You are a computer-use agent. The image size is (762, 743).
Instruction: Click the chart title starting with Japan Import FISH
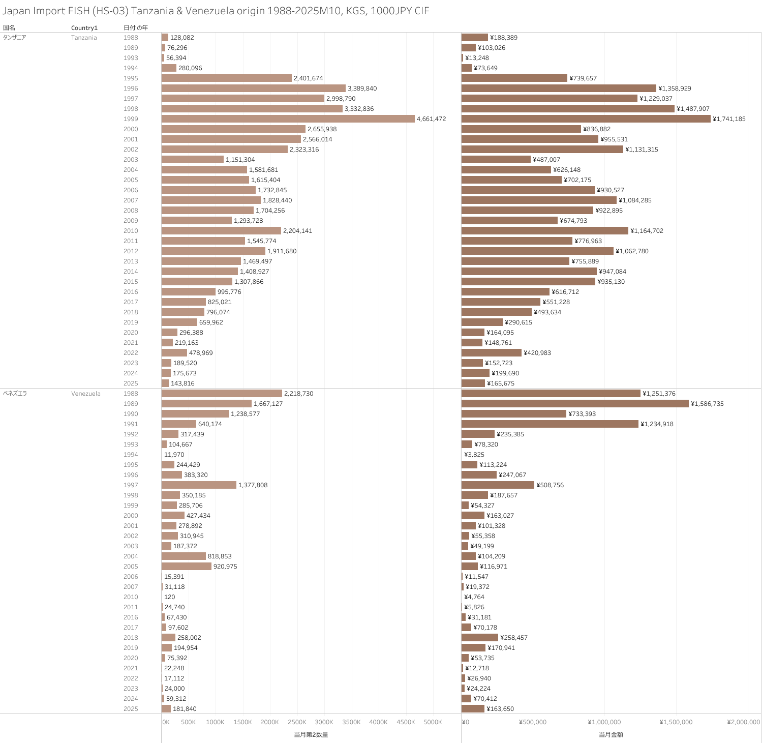coord(216,11)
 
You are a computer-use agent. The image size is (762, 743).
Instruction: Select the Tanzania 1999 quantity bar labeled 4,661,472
coord(288,118)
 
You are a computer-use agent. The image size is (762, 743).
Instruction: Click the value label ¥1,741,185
coord(729,119)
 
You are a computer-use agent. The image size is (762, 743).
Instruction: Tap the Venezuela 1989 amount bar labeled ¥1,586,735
coord(574,403)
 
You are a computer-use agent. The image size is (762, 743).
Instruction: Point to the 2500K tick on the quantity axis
coord(297,722)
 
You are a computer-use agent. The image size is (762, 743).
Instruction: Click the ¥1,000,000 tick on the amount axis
coord(604,722)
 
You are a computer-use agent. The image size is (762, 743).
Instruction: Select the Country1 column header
coord(84,28)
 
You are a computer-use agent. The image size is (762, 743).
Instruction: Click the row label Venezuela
coord(85,394)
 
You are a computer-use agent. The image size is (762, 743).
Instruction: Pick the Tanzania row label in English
coord(84,38)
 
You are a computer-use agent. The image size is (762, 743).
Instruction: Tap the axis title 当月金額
coord(611,734)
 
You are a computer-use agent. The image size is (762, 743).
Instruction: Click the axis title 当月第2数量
coord(311,734)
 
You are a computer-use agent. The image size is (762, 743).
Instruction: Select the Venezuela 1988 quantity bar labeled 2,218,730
coord(222,393)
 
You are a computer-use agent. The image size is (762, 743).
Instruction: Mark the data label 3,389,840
coord(362,88)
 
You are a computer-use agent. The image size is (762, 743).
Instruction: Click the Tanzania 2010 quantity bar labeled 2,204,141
coord(221,230)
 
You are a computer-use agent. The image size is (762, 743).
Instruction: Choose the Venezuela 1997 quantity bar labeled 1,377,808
coord(199,485)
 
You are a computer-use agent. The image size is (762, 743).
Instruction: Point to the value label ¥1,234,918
coord(657,424)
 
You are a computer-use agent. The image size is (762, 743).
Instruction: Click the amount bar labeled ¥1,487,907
coord(568,108)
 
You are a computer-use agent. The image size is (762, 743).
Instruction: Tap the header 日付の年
coord(135,28)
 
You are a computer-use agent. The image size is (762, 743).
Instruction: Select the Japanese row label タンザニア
coord(14,38)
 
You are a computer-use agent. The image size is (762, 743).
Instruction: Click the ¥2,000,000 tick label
coord(743,722)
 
